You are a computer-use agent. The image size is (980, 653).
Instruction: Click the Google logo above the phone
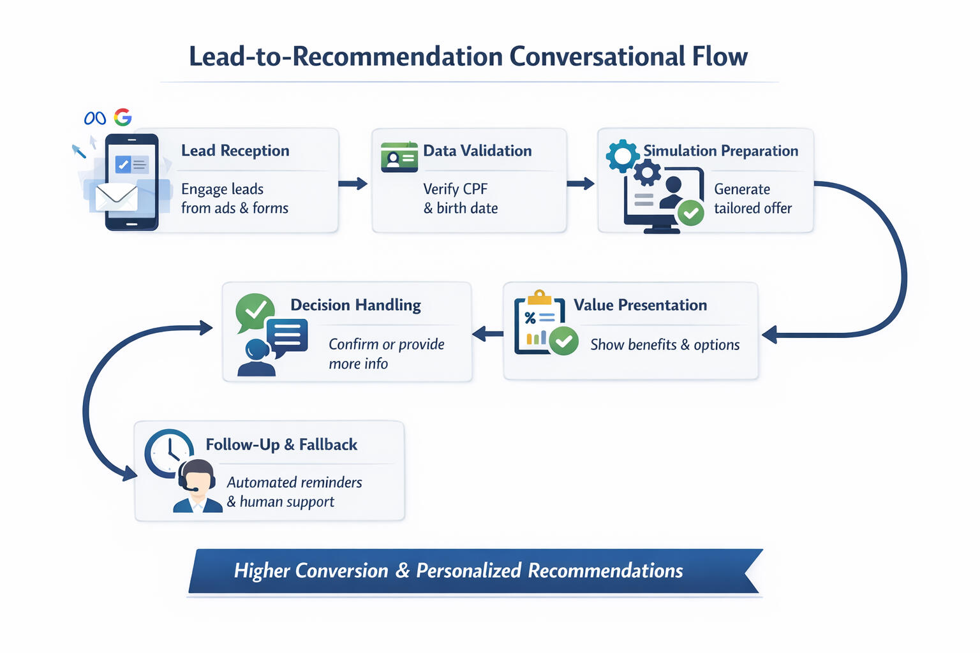tap(122, 117)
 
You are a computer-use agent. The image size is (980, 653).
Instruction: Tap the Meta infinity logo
tap(95, 118)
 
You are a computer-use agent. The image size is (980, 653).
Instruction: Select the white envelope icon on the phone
tap(116, 197)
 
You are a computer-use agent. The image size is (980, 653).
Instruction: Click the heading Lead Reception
tap(235, 150)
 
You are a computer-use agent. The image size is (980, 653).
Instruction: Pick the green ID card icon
tap(399, 157)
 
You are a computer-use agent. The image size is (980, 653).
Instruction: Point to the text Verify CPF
tap(455, 189)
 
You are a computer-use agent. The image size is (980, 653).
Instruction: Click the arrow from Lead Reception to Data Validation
tap(353, 184)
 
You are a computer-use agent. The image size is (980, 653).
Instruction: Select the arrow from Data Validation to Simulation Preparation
tap(580, 184)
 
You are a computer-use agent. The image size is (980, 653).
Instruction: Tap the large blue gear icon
tap(622, 155)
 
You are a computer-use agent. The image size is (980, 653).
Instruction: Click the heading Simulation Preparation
tap(720, 150)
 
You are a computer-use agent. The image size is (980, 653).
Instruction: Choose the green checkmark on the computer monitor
tap(690, 213)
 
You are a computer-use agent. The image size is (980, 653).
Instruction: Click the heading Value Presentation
tap(640, 305)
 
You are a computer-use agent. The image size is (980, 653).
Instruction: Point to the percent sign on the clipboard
tap(530, 318)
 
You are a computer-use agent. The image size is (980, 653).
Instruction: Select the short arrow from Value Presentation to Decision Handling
tap(487, 334)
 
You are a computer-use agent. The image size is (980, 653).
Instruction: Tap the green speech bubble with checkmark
tap(255, 311)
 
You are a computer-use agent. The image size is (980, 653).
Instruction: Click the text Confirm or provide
tap(386, 344)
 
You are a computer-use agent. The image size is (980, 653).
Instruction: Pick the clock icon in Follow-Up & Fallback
tap(168, 453)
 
